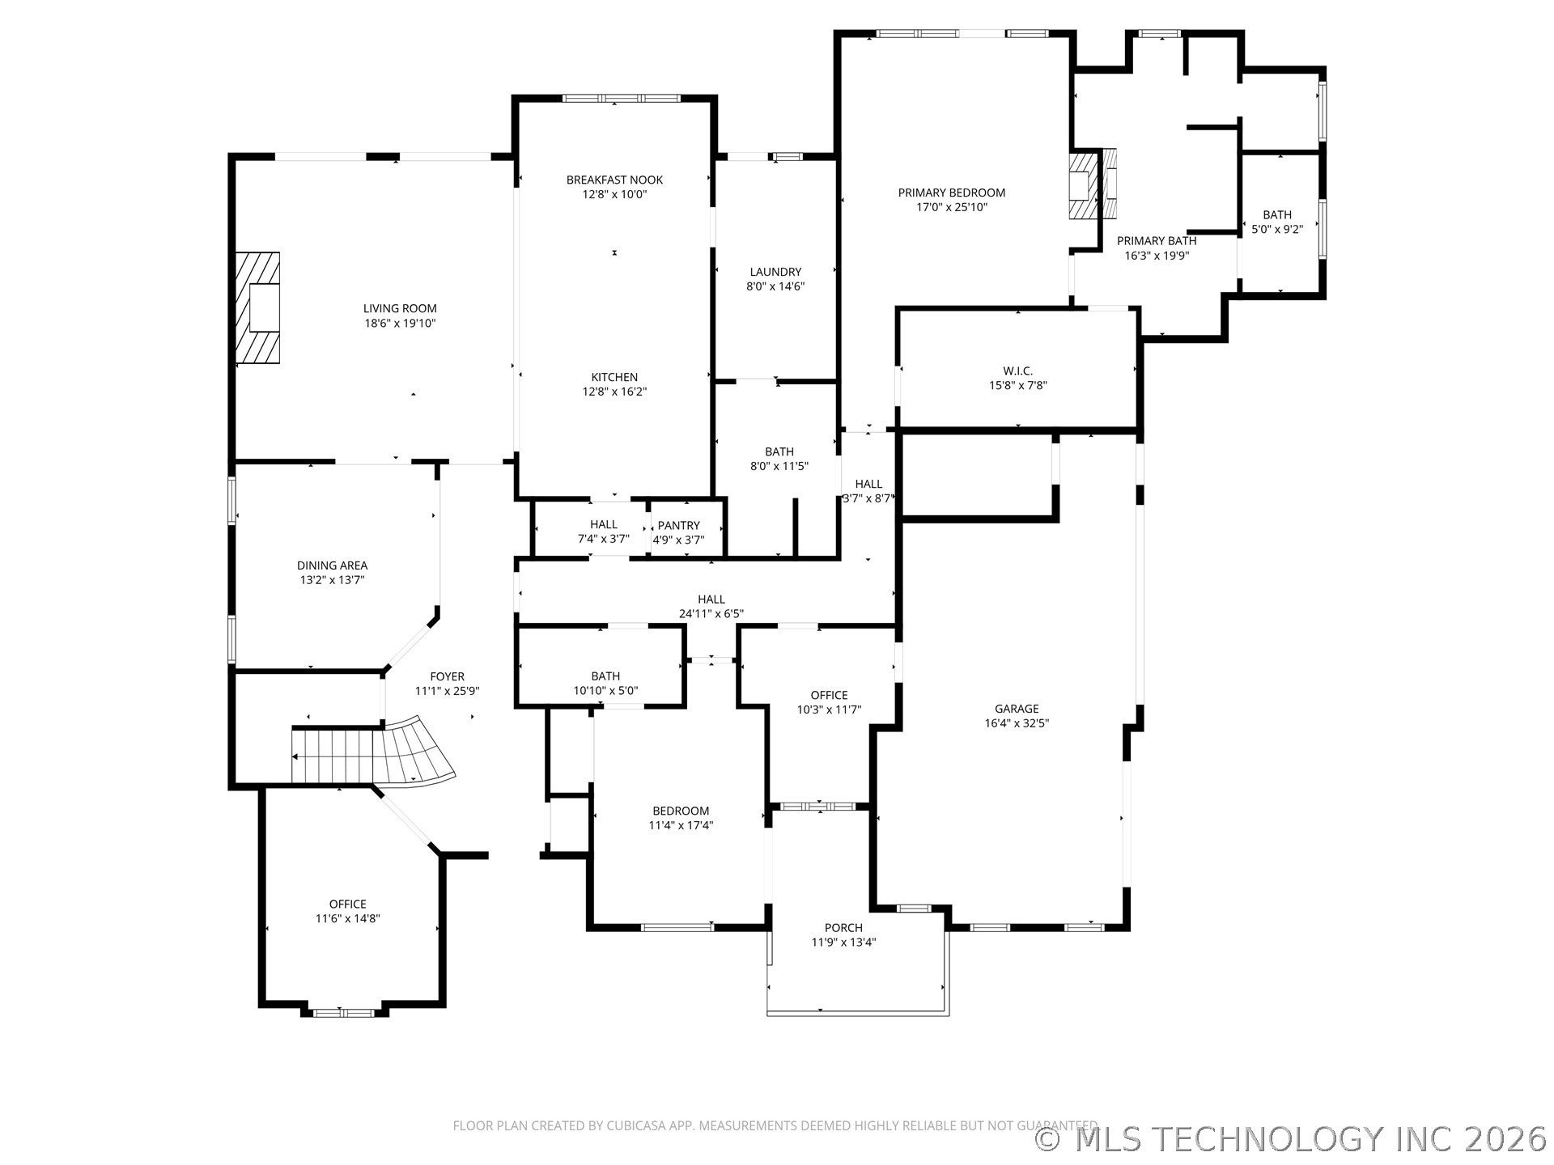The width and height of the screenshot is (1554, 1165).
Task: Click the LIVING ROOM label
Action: [x=400, y=308]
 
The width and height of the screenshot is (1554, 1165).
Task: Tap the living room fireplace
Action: [x=257, y=307]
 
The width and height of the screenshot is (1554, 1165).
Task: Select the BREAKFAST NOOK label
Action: [x=614, y=180]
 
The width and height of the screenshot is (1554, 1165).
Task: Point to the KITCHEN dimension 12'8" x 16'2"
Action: [x=614, y=392]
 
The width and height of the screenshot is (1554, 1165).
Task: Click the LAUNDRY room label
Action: [x=775, y=272]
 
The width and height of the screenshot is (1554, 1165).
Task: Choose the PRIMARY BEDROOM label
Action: [x=952, y=193]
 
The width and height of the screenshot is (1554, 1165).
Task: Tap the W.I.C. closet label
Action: [x=1017, y=371]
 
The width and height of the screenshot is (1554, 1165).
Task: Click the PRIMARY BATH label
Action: [x=1157, y=240]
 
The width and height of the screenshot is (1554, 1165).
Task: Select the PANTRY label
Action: [x=678, y=525]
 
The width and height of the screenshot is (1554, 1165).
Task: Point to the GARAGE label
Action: [x=1017, y=709]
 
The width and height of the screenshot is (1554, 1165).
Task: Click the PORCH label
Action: [x=843, y=927]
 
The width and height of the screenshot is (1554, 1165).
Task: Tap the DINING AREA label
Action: [x=332, y=566]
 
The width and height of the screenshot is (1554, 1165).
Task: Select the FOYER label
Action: [x=447, y=676]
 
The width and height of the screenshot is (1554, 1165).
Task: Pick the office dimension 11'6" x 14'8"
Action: [x=348, y=918]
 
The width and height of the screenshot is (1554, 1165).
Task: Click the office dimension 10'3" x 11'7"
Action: [x=829, y=710]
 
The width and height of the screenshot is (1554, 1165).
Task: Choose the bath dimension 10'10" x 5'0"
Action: [x=605, y=690]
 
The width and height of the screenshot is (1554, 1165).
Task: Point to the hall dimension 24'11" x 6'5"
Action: [x=711, y=613]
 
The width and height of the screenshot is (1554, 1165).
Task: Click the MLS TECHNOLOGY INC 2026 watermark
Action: [x=1292, y=1139]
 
